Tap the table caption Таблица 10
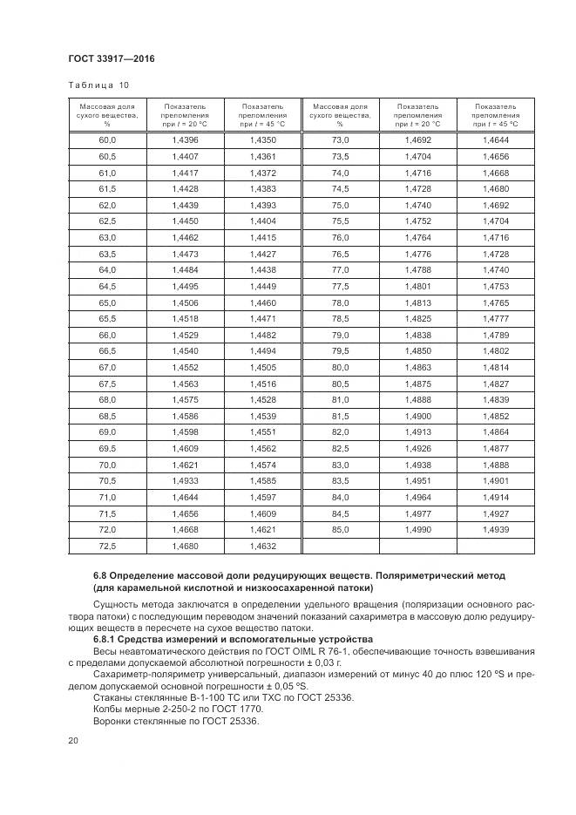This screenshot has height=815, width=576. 98,85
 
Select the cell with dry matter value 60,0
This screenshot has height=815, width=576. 107,139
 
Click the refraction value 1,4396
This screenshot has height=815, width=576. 186,139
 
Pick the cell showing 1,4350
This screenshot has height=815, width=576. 262,139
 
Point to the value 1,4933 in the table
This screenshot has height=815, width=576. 186,480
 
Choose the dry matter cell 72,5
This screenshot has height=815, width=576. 107,546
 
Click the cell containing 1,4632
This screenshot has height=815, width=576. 262,546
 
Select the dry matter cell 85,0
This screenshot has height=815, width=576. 340,529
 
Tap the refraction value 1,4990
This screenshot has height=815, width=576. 417,529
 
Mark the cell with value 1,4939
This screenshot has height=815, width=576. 495,529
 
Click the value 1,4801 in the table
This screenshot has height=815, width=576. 417,286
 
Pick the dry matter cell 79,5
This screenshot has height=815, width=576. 340,350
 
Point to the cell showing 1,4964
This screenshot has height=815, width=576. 417,497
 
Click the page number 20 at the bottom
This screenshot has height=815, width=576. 73,741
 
